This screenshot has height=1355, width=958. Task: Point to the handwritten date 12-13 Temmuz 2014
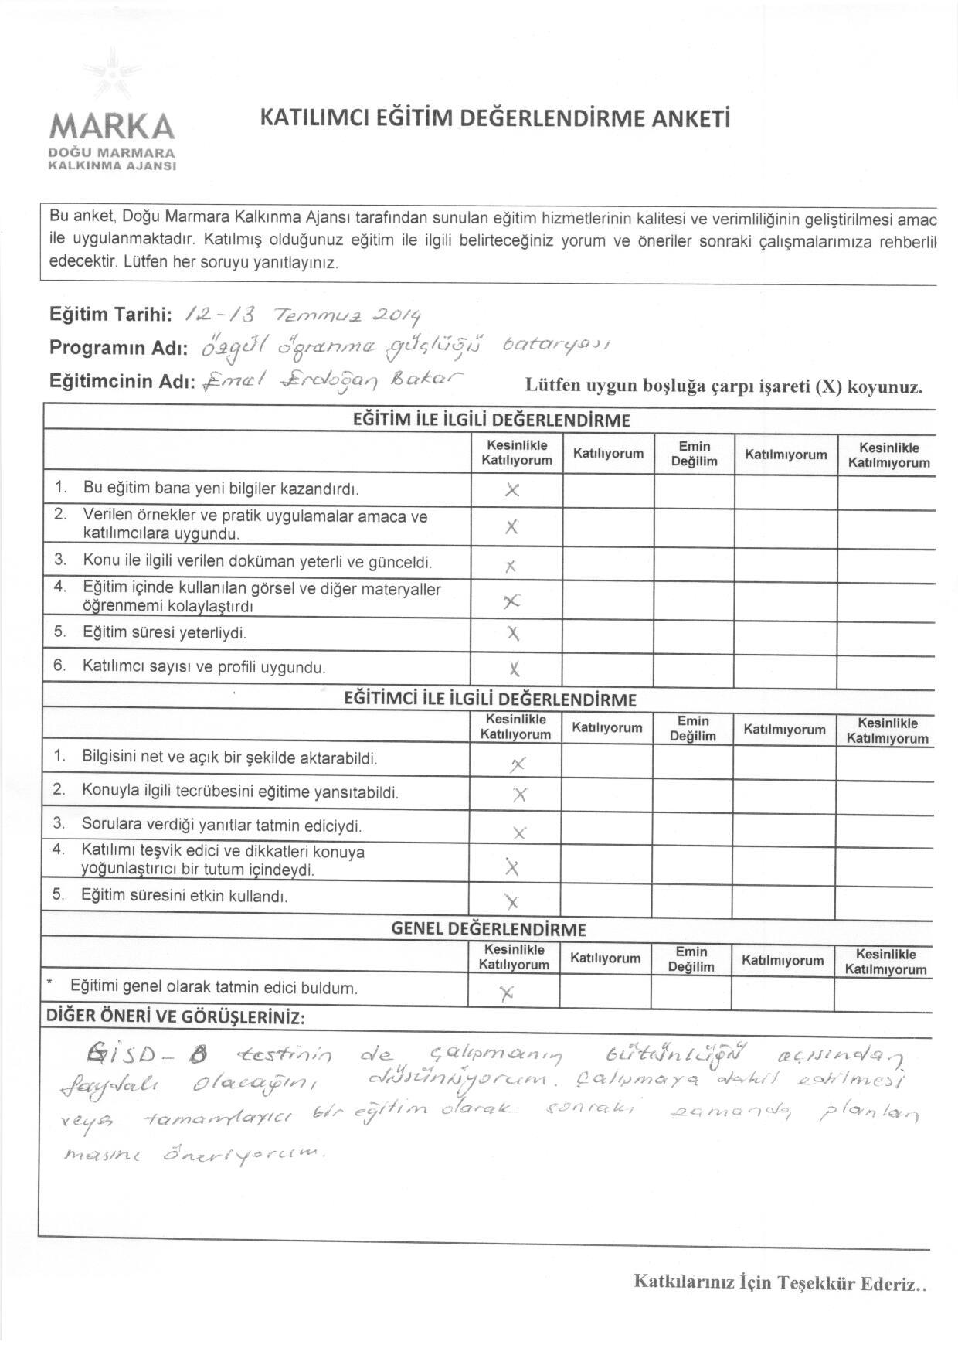tap(304, 314)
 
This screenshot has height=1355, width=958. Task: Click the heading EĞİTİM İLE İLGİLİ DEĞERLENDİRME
tap(491, 420)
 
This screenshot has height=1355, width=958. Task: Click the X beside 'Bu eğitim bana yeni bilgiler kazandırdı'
tap(511, 489)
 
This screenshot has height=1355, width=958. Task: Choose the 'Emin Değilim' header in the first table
tap(694, 454)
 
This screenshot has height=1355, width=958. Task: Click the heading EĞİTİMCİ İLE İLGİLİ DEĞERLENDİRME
tap(490, 700)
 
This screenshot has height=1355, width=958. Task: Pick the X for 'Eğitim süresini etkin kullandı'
tap(511, 900)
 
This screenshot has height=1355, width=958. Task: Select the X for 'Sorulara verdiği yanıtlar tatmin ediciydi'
tap(519, 832)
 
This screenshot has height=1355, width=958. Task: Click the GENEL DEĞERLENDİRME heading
tap(488, 929)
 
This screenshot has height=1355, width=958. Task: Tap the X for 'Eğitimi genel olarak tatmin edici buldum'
tap(507, 995)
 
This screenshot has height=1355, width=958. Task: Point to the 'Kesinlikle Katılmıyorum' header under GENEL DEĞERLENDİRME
tap(885, 962)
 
